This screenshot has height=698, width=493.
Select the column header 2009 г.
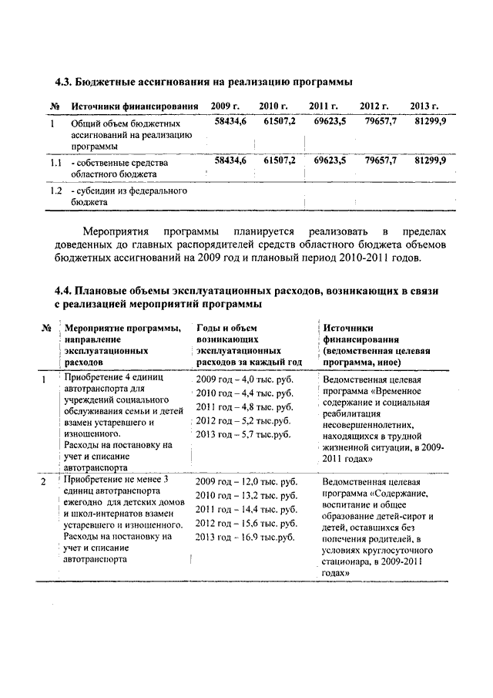(226, 106)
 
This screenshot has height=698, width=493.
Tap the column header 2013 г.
(424, 106)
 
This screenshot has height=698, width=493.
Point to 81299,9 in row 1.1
(430, 160)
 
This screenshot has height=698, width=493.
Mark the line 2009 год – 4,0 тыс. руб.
(246, 380)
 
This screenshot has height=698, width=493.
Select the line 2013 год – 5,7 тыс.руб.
(243, 434)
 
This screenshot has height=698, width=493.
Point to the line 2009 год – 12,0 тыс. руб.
(246, 482)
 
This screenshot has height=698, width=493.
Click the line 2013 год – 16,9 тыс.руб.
(246, 536)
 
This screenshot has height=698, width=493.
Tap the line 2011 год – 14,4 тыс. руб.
(246, 510)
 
